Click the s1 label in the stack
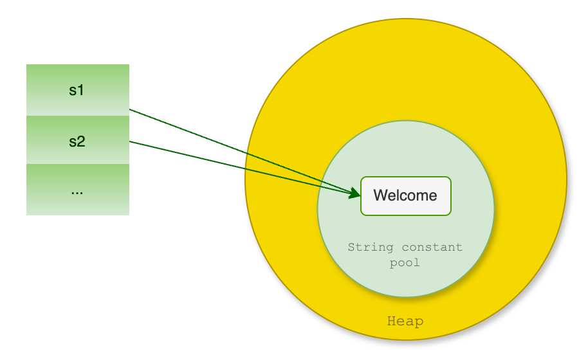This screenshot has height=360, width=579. pyautogui.click(x=77, y=91)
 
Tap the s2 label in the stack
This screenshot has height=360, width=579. pyautogui.click(x=77, y=141)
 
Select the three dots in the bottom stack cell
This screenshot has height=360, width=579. pyautogui.click(x=77, y=191)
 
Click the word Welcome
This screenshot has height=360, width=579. pyautogui.click(x=405, y=195)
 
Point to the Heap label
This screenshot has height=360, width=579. pyautogui.click(x=405, y=321)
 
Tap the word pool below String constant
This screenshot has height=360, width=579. pyautogui.click(x=405, y=262)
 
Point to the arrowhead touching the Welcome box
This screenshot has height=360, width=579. pyautogui.click(x=354, y=193)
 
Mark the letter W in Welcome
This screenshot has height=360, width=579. pyautogui.click(x=380, y=195)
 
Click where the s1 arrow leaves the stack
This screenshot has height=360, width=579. pyautogui.click(x=130, y=110)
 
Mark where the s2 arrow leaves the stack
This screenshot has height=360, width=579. pyautogui.click(x=130, y=141)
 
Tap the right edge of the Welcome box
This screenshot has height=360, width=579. pyautogui.click(x=451, y=195)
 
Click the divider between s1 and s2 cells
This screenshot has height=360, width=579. pyautogui.click(x=77, y=116)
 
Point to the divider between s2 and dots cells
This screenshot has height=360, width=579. pyautogui.click(x=77, y=165)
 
